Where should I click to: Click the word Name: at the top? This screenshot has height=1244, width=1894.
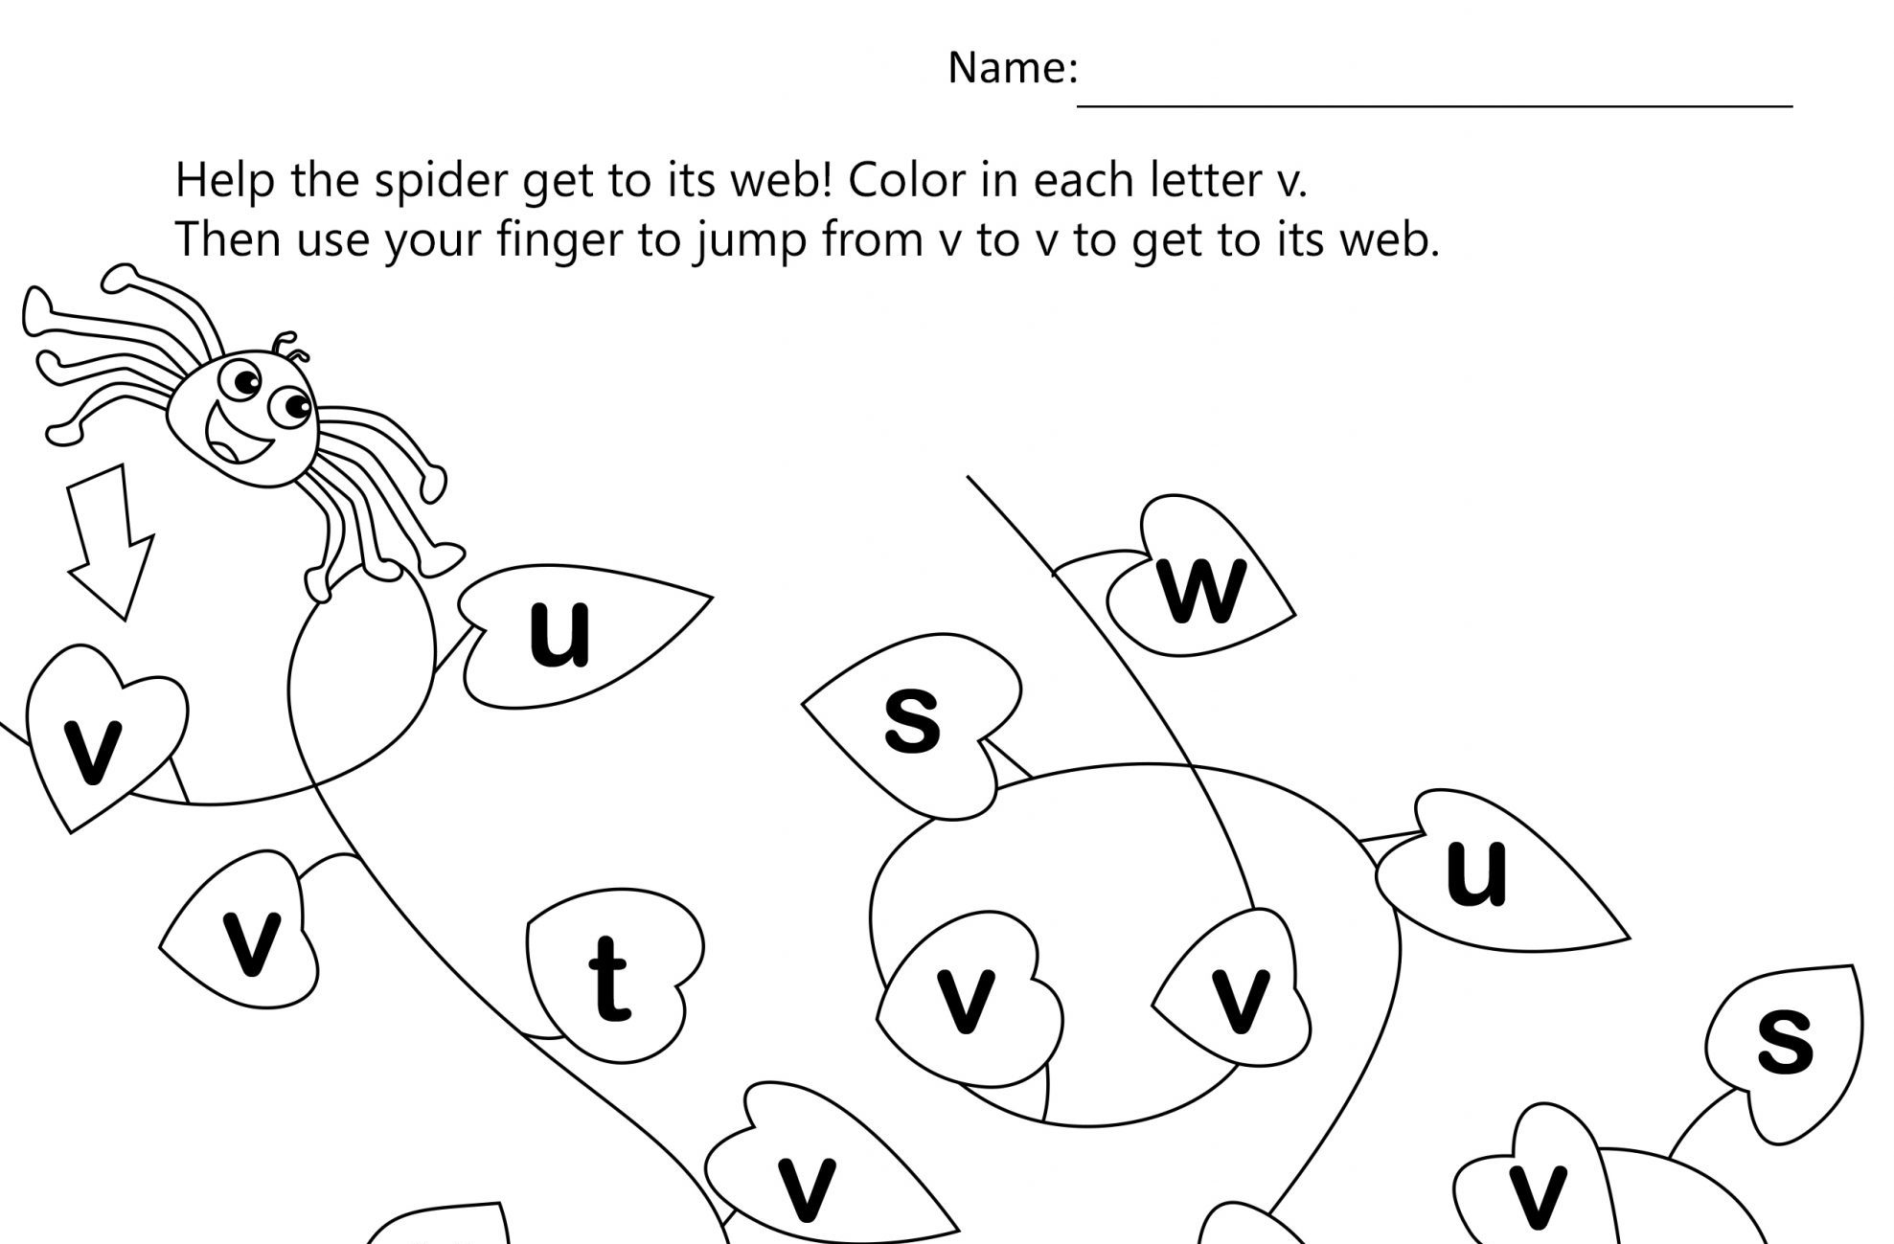click(x=1013, y=68)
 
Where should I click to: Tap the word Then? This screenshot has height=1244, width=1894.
click(x=226, y=239)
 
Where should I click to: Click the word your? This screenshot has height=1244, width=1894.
click(x=432, y=241)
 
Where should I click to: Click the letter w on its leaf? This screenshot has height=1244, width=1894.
click(x=1203, y=589)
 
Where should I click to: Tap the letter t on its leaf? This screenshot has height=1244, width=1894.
click(x=608, y=978)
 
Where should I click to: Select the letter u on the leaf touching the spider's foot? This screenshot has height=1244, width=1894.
click(x=559, y=633)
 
